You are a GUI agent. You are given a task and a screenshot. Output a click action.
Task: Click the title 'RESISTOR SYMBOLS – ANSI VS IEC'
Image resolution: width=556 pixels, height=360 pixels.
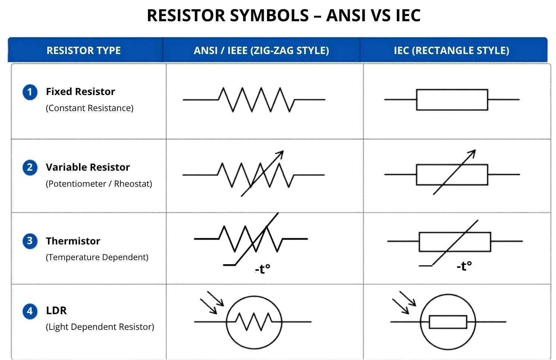pos(283,16)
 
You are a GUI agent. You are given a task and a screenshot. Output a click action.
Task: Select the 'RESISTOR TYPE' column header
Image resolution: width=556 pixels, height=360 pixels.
pos(84,51)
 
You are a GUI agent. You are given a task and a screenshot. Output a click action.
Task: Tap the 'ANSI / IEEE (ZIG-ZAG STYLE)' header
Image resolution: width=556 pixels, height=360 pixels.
pos(261,51)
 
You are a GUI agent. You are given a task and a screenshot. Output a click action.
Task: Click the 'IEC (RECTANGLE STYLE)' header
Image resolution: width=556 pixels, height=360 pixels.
pos(451,51)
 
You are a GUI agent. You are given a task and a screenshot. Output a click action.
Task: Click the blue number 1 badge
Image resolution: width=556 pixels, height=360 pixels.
pos(30,92)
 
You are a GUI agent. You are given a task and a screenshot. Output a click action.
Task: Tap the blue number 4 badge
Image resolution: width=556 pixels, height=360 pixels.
pos(30,311)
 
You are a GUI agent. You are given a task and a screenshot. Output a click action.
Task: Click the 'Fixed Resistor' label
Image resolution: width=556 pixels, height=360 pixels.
pos(80,92)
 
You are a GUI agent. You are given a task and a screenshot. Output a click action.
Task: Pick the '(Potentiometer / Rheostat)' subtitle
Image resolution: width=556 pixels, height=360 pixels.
pos(99,184)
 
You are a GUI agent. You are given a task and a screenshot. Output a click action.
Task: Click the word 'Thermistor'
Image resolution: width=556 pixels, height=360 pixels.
pos(73,241)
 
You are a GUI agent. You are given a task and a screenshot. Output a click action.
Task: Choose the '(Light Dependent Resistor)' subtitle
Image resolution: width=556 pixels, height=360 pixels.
pos(100,327)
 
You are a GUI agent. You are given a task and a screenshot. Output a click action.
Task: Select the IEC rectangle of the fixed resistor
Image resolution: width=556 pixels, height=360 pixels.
pos(452,100)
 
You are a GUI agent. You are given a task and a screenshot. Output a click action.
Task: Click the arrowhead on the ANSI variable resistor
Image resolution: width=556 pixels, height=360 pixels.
pos(280,154)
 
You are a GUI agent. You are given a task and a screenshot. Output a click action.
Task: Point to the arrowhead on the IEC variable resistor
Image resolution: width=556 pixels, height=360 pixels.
pos(472,153)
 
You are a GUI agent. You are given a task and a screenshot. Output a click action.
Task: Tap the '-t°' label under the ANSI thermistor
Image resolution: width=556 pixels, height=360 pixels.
pos(263,269)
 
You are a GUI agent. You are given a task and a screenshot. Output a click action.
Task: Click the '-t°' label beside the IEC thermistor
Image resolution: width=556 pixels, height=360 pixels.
pos(464,266)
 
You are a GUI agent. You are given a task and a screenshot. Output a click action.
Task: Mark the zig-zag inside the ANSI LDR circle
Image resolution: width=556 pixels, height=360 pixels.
pos(254,321)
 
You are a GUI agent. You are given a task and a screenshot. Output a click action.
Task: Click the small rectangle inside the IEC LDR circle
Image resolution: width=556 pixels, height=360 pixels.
pos(448,322)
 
